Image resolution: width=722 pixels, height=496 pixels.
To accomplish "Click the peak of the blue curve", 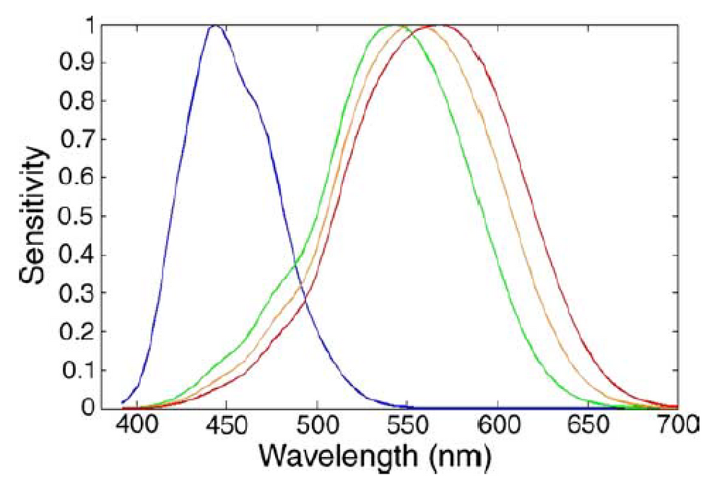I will [214, 26].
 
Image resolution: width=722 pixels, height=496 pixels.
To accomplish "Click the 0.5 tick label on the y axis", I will [77, 217].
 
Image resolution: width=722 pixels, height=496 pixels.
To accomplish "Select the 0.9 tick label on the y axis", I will [77, 63].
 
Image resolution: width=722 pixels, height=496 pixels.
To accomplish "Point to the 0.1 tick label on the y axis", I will [77, 370].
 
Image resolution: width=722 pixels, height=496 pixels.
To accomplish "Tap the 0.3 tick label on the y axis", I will [77, 293].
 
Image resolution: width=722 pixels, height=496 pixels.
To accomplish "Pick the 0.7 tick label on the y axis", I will [77, 139].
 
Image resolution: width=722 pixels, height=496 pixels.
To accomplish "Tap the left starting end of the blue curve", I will [123, 402].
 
